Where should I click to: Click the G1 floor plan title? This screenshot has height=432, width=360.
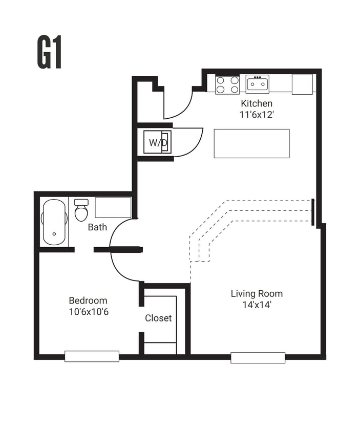click(x=50, y=53)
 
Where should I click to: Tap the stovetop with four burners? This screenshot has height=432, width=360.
click(x=227, y=84)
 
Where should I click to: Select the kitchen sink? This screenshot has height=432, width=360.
click(x=257, y=83)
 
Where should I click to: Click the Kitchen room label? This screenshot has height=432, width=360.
click(x=257, y=104)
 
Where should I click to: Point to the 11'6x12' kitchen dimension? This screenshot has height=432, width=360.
click(x=257, y=115)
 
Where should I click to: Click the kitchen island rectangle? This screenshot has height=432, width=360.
click(x=251, y=143)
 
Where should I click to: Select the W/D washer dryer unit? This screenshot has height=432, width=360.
click(x=157, y=143)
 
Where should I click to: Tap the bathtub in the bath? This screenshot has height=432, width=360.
click(x=55, y=222)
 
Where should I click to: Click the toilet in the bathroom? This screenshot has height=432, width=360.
click(x=81, y=210)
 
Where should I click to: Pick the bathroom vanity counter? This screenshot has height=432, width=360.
click(x=113, y=207)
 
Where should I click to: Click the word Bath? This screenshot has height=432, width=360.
click(x=97, y=227)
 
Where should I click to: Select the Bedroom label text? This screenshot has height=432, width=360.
click(x=88, y=300)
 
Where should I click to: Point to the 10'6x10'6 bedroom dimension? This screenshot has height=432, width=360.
click(x=88, y=312)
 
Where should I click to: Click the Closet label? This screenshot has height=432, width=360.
click(x=158, y=318)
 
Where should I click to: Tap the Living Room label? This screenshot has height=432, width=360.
click(x=257, y=293)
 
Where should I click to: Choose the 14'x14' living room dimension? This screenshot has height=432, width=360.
click(x=257, y=305)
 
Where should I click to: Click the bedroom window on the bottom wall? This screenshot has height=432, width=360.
click(x=92, y=356)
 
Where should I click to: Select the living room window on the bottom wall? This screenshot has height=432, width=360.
click(x=258, y=358)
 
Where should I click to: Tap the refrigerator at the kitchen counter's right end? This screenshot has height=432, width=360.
click(x=302, y=84)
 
